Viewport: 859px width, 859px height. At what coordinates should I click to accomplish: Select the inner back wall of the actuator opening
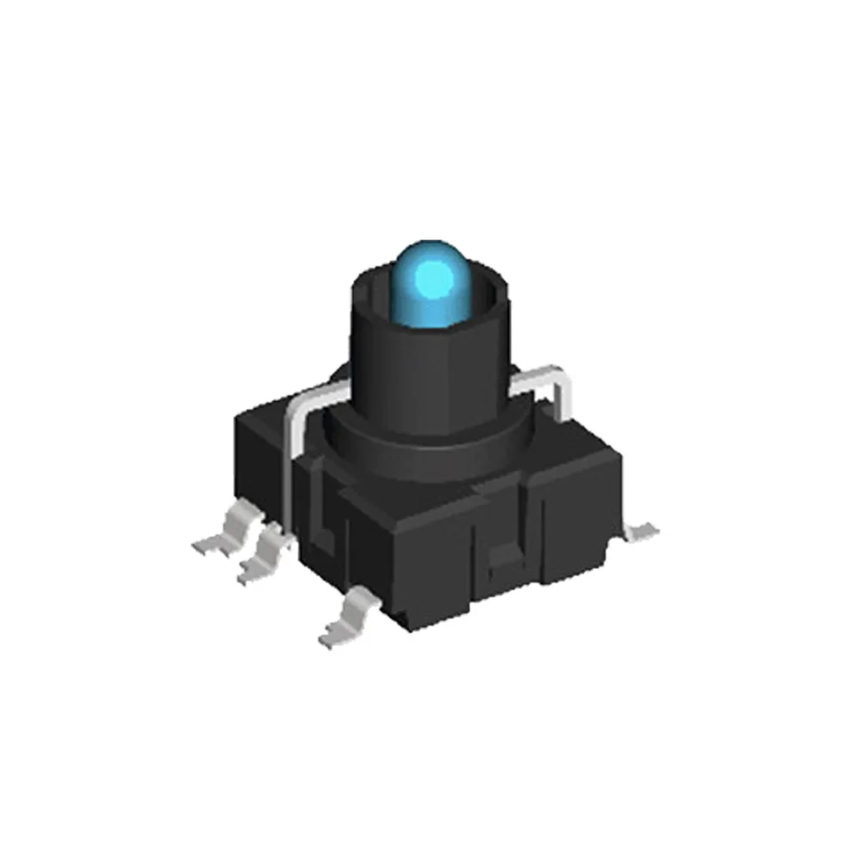pyautogui.click(x=481, y=296)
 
